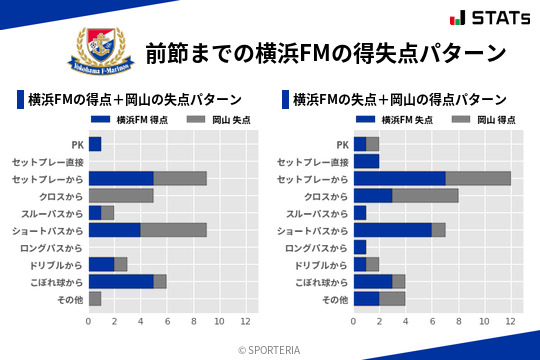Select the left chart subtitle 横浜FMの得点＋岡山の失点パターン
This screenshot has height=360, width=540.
(135, 99)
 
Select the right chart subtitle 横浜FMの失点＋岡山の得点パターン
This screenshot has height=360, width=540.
(399, 99)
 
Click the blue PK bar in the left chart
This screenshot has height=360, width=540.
(95, 144)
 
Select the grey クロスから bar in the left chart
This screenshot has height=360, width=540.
(121, 196)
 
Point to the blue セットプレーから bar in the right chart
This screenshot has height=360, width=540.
(399, 178)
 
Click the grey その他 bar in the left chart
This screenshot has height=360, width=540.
(95, 298)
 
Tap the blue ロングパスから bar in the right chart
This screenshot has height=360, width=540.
(360, 247)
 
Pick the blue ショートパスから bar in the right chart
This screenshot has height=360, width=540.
(392, 230)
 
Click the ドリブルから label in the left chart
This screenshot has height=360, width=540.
(59, 264)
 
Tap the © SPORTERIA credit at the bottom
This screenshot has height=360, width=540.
(270, 349)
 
